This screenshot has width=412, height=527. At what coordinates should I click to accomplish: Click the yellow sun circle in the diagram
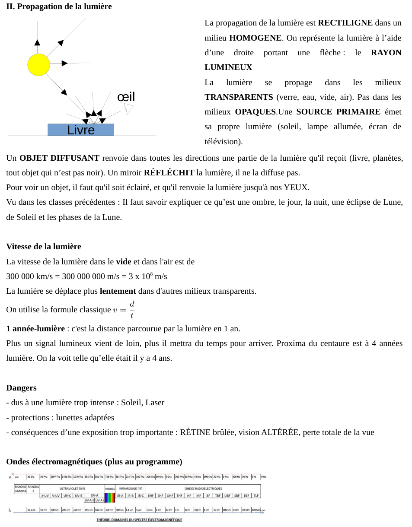tap(39, 65)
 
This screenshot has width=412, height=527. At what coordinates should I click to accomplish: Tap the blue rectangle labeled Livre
tap(81, 130)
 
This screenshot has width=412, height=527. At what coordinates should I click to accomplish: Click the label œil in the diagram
tap(126, 97)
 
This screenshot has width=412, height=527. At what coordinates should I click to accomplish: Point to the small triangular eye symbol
tap(129, 108)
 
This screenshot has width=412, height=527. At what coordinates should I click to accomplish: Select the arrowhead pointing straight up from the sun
tap(37, 42)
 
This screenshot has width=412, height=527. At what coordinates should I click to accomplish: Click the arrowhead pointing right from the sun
tap(64, 63)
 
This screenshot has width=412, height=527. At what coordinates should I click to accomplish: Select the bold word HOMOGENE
tap(255, 38)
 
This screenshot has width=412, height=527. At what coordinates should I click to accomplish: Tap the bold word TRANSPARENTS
tap(239, 97)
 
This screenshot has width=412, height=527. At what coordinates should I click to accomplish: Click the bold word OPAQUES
tap(255, 112)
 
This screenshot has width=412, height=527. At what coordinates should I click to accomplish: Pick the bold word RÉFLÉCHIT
tap(169, 173)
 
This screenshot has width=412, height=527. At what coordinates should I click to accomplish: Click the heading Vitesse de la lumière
tap(44, 247)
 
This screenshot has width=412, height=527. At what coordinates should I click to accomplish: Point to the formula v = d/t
tap(124, 309)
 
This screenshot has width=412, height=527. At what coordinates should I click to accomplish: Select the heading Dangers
tap(21, 388)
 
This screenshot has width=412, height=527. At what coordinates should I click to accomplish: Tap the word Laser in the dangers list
tap(155, 403)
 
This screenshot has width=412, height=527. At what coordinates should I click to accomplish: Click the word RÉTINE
tap(196, 432)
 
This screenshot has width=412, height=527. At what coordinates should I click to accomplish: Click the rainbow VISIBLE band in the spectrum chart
tap(110, 495)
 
